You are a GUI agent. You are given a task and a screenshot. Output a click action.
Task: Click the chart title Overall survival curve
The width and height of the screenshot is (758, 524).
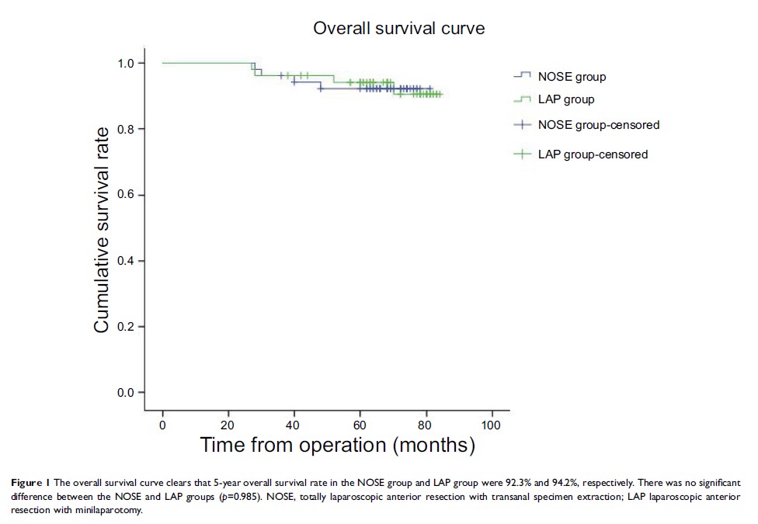pyautogui.click(x=398, y=29)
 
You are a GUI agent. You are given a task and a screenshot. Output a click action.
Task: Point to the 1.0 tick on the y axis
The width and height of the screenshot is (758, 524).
pyautogui.click(x=126, y=63)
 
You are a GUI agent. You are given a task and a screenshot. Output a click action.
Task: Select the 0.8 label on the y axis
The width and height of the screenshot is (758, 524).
pyautogui.click(x=126, y=129)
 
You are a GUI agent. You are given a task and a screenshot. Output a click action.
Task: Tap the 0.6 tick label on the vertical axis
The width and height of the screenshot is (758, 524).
pyautogui.click(x=126, y=195)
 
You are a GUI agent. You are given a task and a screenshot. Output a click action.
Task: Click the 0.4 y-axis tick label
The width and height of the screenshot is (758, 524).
pyautogui.click(x=126, y=261)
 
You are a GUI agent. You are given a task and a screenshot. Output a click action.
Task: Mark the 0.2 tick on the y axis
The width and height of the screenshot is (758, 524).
pyautogui.click(x=126, y=327)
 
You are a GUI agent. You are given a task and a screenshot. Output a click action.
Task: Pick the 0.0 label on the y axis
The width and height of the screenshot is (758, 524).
pyautogui.click(x=126, y=393)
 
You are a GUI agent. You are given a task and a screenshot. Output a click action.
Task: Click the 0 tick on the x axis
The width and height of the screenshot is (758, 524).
pyautogui.click(x=162, y=425)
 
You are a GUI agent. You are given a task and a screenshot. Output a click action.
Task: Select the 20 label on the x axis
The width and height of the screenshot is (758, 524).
pyautogui.click(x=228, y=425)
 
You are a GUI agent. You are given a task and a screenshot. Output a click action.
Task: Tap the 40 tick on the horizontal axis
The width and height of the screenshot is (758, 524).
pyautogui.click(x=294, y=425)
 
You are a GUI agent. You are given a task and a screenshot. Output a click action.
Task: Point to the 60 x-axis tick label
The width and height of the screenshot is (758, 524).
pyautogui.click(x=360, y=425)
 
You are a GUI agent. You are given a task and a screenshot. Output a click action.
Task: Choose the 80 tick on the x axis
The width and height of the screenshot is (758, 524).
pyautogui.click(x=425, y=425)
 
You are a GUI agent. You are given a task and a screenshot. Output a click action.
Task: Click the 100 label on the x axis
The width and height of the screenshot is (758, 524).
pyautogui.click(x=491, y=425)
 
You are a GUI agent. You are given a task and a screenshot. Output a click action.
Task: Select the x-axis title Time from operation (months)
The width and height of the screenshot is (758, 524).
pyautogui.click(x=336, y=446)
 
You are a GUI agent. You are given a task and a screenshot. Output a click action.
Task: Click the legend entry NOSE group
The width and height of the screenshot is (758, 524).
pyautogui.click(x=572, y=77)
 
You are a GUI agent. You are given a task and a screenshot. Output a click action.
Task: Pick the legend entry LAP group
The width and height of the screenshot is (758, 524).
pyautogui.click(x=566, y=99)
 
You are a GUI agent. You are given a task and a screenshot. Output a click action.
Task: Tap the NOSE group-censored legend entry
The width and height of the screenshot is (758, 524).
pyautogui.click(x=598, y=125)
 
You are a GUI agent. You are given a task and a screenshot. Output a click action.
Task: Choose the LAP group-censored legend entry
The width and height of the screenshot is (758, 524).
pyautogui.click(x=593, y=154)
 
